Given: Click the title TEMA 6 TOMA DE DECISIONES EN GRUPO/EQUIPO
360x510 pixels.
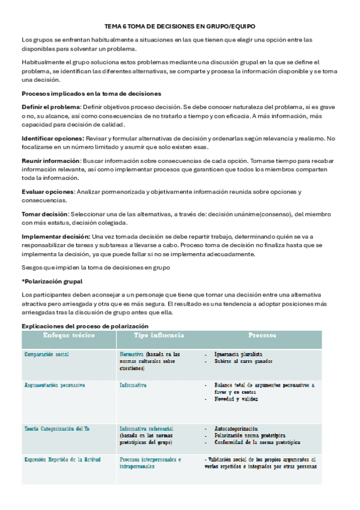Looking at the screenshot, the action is click(180, 27).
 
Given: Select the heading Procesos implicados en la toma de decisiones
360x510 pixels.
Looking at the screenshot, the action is click(91, 93).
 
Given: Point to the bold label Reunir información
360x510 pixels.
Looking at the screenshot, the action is click(51, 161).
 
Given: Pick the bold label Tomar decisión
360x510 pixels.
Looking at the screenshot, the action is click(44, 214).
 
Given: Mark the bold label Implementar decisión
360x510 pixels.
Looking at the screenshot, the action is click(56, 236).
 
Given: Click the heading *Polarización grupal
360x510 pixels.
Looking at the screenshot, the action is click(52, 281).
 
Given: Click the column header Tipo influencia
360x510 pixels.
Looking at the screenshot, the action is click(159, 335).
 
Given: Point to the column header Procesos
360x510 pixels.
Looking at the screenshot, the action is click(262, 335).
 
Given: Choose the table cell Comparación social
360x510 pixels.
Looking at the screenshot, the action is click(46, 354).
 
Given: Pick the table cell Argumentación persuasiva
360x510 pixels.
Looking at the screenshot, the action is click(55, 384).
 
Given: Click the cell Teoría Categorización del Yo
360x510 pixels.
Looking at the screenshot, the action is click(58, 429).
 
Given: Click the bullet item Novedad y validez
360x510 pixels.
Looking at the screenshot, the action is click(236, 399).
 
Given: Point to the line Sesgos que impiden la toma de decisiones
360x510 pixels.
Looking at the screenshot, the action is click(96, 268).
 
